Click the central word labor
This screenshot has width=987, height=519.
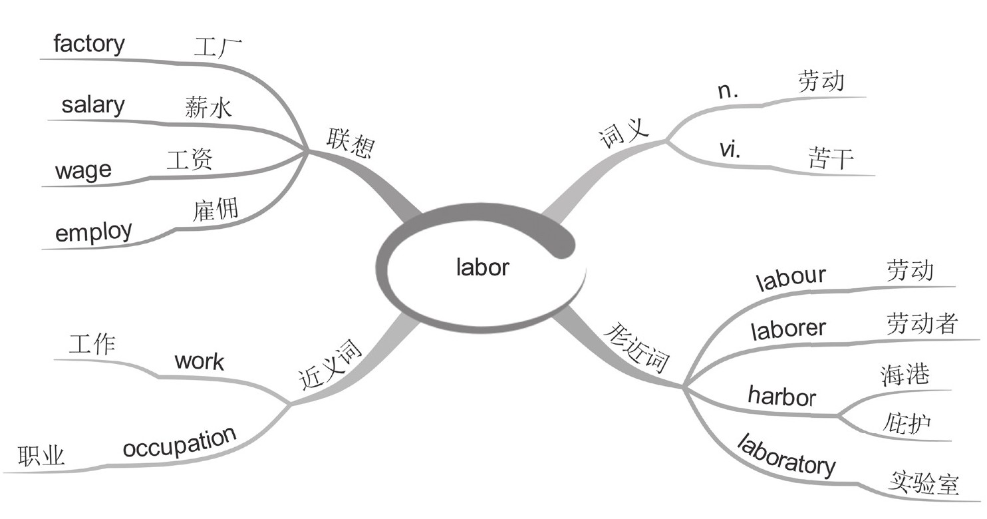click(483, 267)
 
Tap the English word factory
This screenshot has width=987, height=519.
click(88, 45)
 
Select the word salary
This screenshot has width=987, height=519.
click(93, 105)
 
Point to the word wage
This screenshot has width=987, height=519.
click(83, 171)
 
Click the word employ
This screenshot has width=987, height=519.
click(94, 232)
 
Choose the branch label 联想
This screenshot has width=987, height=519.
click(349, 143)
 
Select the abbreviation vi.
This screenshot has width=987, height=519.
click(730, 150)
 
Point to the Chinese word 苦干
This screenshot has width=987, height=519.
click(831, 158)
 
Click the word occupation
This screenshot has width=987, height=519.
click(180, 442)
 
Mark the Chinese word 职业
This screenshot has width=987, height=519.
click(41, 456)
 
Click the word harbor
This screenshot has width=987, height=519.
click(781, 396)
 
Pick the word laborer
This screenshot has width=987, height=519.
click(788, 328)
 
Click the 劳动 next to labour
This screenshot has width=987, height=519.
click(910, 271)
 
